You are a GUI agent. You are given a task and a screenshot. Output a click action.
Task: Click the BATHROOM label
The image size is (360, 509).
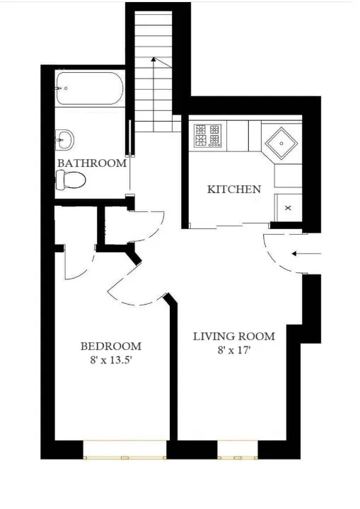click(92, 163)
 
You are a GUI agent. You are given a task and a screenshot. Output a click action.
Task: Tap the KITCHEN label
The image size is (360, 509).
click(233, 189)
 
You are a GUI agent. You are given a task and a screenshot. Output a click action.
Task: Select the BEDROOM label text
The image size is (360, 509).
click(110, 346)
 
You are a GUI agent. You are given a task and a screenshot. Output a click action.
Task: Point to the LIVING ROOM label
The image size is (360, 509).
click(234, 335)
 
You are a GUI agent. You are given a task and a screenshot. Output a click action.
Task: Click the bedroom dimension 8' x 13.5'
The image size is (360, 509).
click(110, 359)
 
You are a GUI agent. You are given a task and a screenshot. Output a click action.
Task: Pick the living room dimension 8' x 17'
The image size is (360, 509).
click(235, 349)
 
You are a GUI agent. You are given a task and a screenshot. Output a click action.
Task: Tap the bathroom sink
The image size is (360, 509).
click(66, 139)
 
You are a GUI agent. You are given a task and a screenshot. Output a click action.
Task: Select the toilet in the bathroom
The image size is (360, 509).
click(70, 181)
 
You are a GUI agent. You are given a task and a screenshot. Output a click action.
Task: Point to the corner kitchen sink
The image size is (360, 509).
click(281, 144)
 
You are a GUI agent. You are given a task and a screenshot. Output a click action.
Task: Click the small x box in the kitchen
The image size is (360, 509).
click(288, 207)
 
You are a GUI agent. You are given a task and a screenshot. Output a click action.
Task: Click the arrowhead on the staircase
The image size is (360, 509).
click(153, 62)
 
